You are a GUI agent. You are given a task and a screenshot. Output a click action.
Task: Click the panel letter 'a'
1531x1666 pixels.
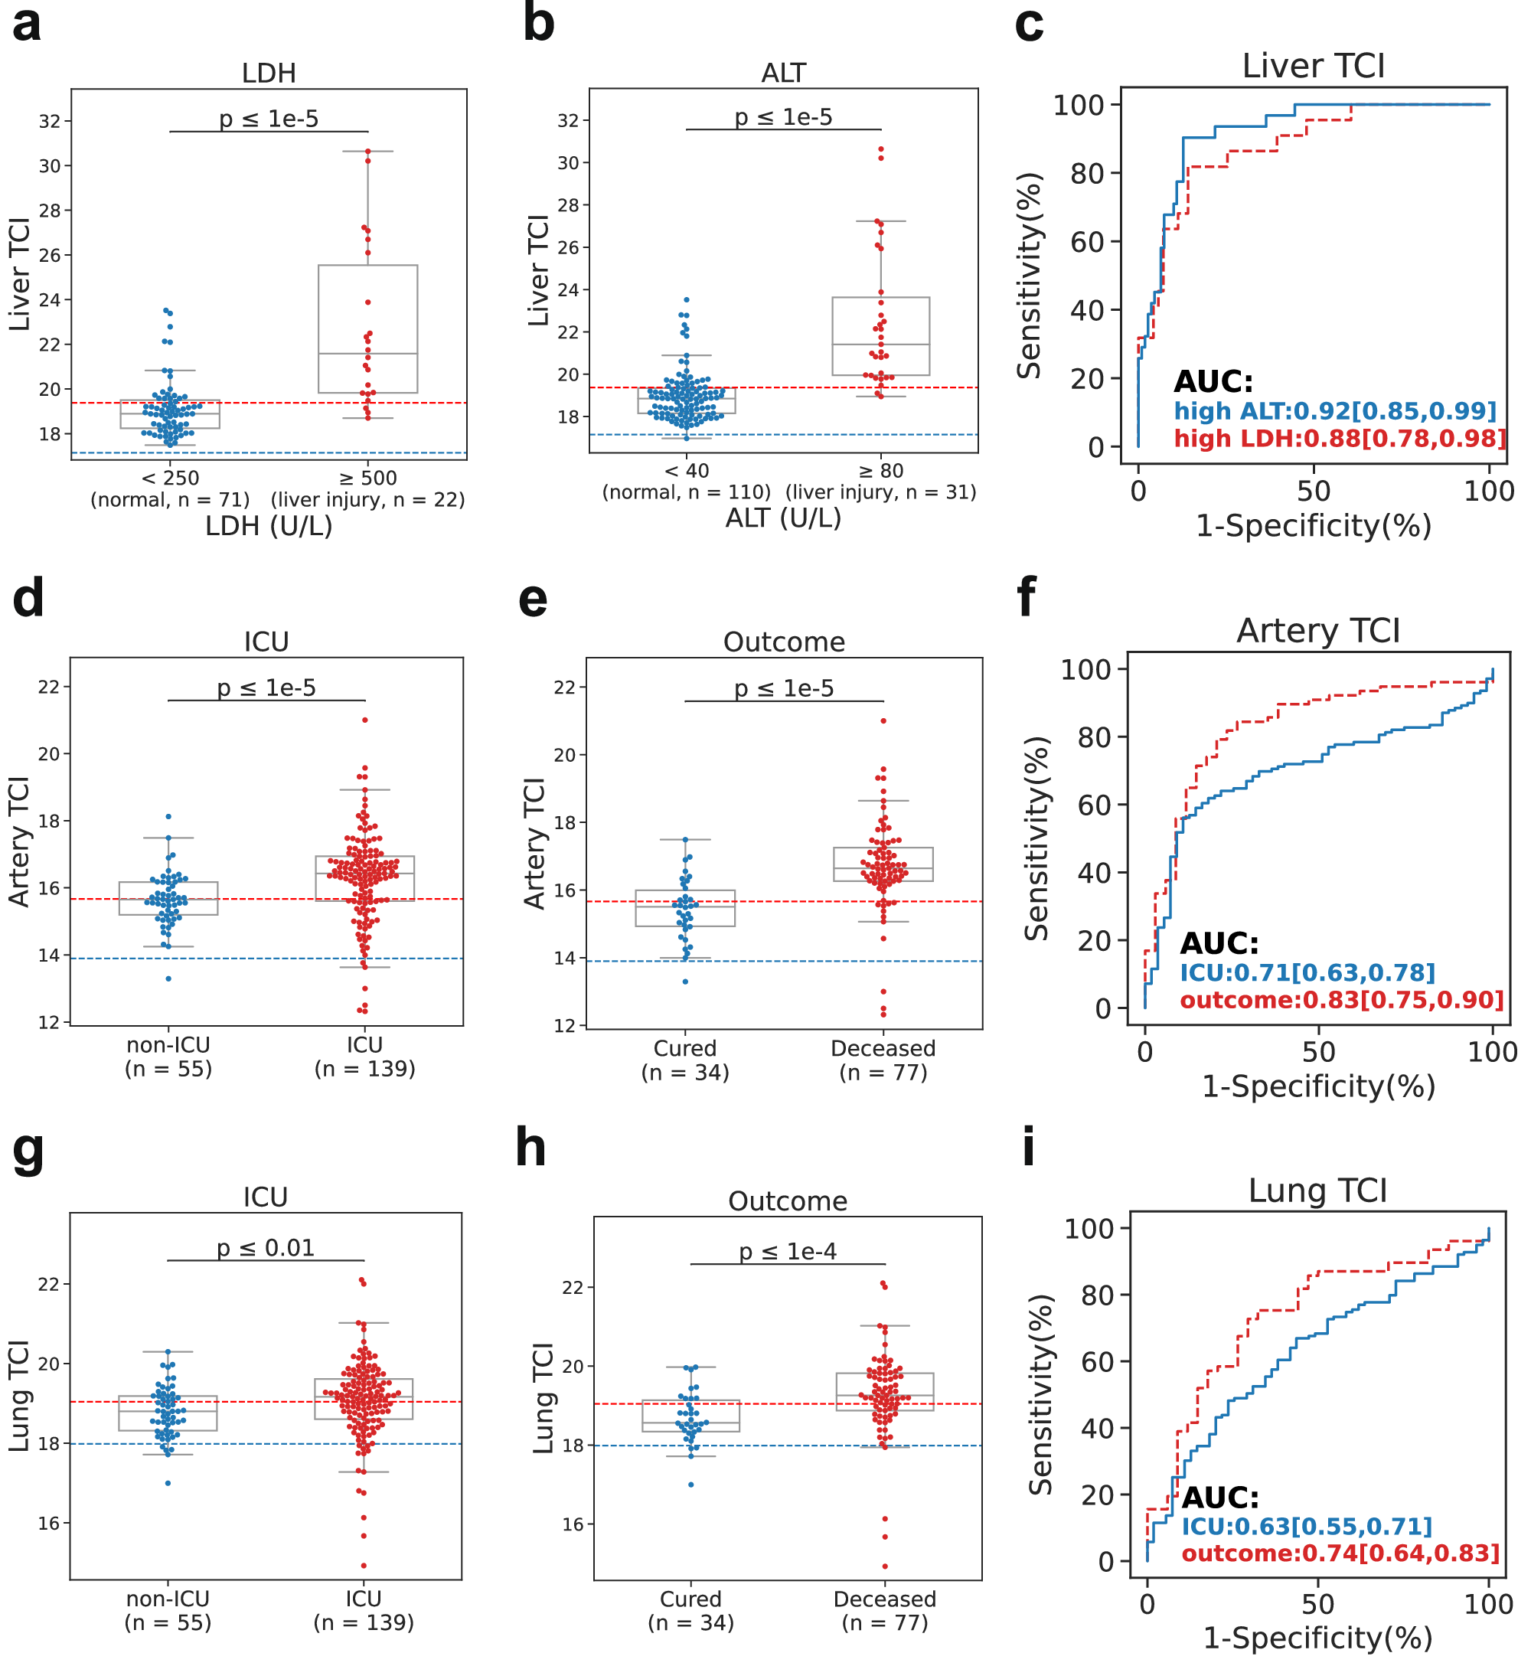tap(27, 24)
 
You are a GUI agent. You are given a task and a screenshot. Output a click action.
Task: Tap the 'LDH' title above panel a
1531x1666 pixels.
tap(269, 73)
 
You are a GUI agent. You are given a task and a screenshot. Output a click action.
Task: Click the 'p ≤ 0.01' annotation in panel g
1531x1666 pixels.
tap(265, 1248)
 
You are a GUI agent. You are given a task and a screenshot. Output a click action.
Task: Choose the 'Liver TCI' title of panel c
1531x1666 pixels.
tap(1312, 67)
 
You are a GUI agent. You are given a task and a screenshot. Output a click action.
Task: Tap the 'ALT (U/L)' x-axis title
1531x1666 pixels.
tap(783, 518)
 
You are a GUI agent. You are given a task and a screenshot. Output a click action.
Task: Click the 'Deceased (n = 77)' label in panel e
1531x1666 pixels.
tap(883, 1060)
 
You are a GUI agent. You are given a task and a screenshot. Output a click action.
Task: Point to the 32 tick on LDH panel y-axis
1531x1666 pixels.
tap(50, 122)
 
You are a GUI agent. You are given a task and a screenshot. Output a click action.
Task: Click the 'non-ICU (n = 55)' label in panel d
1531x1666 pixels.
tap(168, 1057)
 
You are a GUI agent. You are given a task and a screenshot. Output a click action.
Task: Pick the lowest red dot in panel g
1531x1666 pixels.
tap(364, 1566)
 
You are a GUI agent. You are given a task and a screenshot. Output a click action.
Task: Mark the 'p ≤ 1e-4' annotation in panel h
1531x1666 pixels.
tap(787, 1252)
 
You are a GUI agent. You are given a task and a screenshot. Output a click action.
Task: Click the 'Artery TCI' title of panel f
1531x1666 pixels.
tap(1317, 632)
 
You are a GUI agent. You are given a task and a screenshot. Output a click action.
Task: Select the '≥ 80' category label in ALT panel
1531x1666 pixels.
tap(880, 472)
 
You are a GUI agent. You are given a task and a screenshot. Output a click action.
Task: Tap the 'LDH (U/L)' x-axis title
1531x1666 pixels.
tap(269, 526)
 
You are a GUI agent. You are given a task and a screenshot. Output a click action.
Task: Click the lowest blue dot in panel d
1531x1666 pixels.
tap(169, 979)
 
